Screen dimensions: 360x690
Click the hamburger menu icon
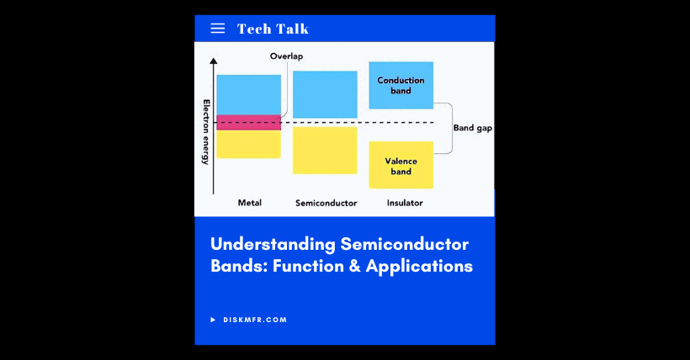pyautogui.click(x=217, y=29)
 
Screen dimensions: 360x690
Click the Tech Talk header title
pyautogui.click(x=273, y=29)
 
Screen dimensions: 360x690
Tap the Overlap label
pyautogui.click(x=286, y=56)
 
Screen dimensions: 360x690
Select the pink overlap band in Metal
pyautogui.click(x=248, y=122)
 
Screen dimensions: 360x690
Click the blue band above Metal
pyautogui.click(x=248, y=94)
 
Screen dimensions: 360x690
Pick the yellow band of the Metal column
pyautogui.click(x=248, y=144)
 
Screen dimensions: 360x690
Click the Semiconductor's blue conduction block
pyautogui.click(x=325, y=94)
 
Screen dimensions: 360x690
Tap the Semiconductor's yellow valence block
pyautogui.click(x=325, y=150)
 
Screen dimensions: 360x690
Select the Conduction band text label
pyautogui.click(x=401, y=85)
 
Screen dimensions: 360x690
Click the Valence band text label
pyautogui.click(x=401, y=166)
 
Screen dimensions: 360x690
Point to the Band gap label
pyautogui.click(x=473, y=129)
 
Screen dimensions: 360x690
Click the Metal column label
pyautogui.click(x=250, y=203)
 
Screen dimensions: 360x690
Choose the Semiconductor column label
pyautogui.click(x=326, y=203)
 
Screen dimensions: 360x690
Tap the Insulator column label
pyautogui.click(x=405, y=203)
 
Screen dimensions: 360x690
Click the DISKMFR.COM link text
pyautogui.click(x=255, y=320)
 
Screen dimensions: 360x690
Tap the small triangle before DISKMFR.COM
pyautogui.click(x=214, y=320)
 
